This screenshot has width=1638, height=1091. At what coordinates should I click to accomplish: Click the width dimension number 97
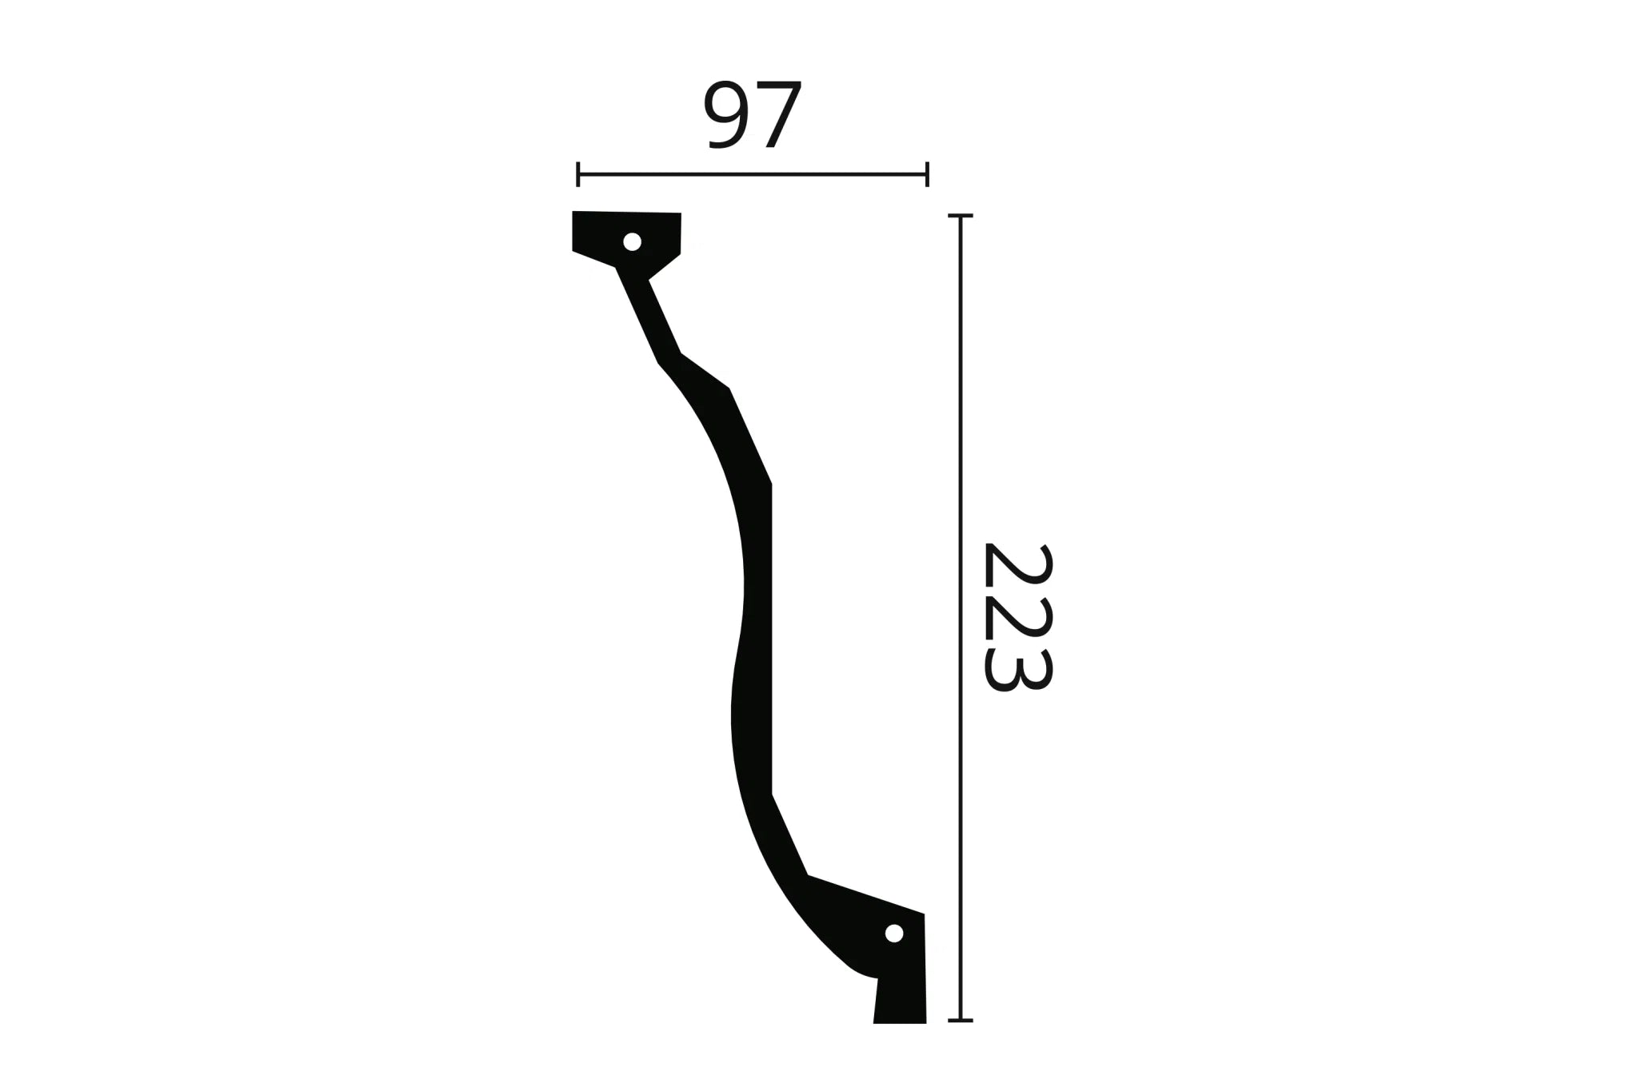point(752,116)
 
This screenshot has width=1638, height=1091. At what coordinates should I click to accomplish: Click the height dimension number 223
point(1017,617)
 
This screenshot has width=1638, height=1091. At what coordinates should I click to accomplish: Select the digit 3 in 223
point(1017,670)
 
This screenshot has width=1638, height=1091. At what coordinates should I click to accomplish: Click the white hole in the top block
point(632,241)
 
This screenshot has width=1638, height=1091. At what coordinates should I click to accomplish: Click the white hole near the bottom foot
point(894,933)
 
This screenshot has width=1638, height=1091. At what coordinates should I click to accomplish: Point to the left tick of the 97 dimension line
point(577,173)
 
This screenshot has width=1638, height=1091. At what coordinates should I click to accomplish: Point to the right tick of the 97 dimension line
point(927,173)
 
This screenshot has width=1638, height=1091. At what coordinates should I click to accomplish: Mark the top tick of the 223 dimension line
point(960,216)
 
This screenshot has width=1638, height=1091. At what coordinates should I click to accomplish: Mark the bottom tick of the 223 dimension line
point(960,1021)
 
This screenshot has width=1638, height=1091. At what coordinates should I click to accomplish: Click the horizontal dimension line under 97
point(752,173)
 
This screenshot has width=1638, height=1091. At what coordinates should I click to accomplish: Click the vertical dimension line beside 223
point(960,480)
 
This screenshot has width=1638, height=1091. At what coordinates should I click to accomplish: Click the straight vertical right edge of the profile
point(771,639)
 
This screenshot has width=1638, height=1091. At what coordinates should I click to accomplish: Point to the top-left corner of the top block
point(573,213)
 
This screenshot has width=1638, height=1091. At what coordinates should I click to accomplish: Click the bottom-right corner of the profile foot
point(925,1022)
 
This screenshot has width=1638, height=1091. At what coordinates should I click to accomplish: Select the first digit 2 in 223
point(1017,569)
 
